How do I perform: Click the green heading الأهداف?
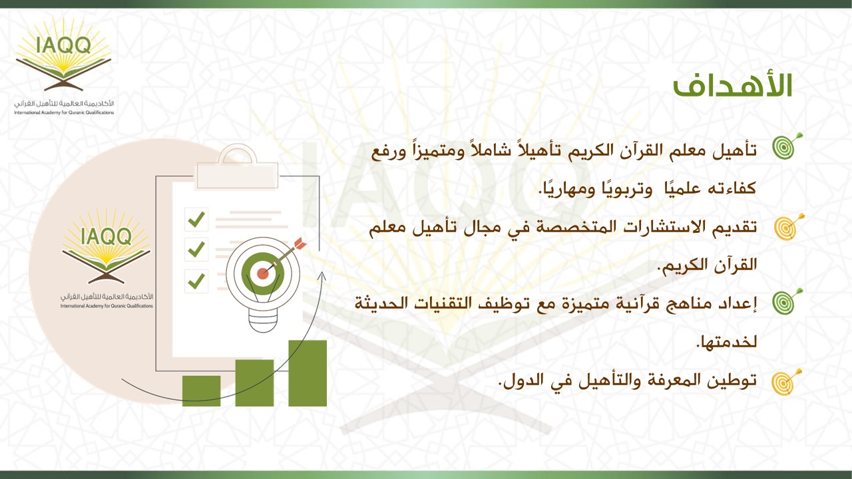(x=733, y=85)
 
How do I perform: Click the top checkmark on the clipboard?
(x=196, y=220)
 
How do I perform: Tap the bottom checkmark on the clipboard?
(x=196, y=281)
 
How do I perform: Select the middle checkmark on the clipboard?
(x=196, y=249)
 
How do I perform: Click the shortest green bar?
(x=201, y=391)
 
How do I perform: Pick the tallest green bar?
(x=308, y=373)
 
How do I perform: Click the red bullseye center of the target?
(x=262, y=273)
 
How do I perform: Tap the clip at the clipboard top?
(x=238, y=166)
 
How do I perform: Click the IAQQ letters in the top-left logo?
(x=63, y=45)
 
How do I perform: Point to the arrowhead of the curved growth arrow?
(x=322, y=275)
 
